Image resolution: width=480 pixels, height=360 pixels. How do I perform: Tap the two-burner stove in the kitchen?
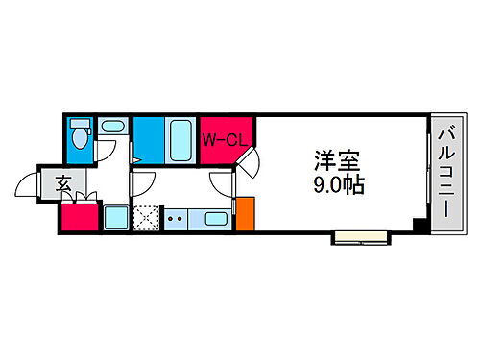176,219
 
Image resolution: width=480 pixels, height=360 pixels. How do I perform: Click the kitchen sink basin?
216,219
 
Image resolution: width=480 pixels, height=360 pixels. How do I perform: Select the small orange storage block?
245,213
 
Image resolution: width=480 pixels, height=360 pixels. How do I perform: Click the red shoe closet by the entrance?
78,217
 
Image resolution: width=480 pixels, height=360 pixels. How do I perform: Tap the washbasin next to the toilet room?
113,127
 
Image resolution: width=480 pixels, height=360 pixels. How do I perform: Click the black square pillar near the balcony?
419,226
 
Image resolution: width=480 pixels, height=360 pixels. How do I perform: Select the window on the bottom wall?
360,234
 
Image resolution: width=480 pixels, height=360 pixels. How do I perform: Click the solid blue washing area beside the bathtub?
148,140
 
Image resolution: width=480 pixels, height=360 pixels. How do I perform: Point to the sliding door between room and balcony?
427,173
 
